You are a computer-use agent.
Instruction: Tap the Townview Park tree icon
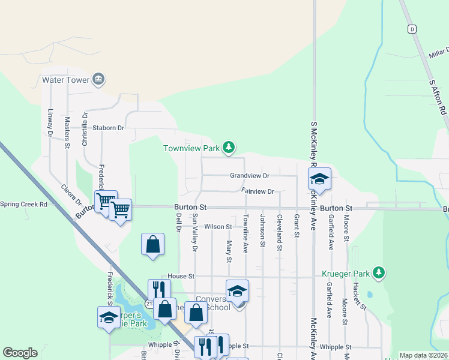click(x=228, y=147)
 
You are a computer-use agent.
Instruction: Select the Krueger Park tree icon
click(x=378, y=274)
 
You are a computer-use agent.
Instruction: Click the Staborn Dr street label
click(x=108, y=128)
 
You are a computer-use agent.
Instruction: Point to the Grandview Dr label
click(x=250, y=176)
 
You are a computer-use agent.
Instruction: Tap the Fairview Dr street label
click(x=258, y=191)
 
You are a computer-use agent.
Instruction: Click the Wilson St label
click(x=218, y=227)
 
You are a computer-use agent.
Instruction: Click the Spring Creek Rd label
click(x=23, y=204)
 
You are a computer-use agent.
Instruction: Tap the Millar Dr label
click(x=438, y=55)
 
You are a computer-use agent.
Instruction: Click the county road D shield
click(x=411, y=29)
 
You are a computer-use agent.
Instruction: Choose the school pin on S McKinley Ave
click(x=320, y=179)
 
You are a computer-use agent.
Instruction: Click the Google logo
click(x=20, y=353)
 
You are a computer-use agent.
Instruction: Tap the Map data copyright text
click(x=423, y=355)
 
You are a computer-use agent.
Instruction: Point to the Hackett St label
click(x=361, y=296)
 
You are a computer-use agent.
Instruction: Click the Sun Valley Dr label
click(x=194, y=236)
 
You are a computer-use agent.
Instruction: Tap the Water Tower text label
click(x=65, y=79)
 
